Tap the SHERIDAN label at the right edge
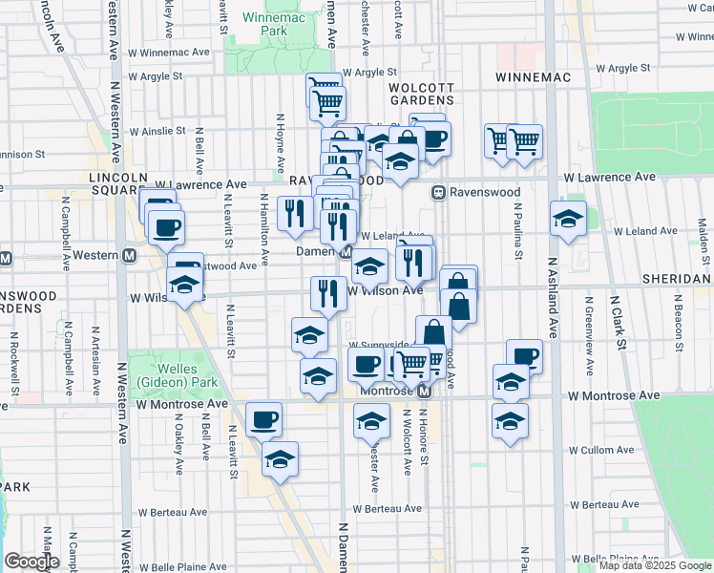[681, 278]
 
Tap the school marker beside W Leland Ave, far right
[568, 217]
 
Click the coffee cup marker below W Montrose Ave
[263, 419]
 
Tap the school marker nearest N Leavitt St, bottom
[280, 459]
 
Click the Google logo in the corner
[31, 562]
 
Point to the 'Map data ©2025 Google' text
[654, 565]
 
